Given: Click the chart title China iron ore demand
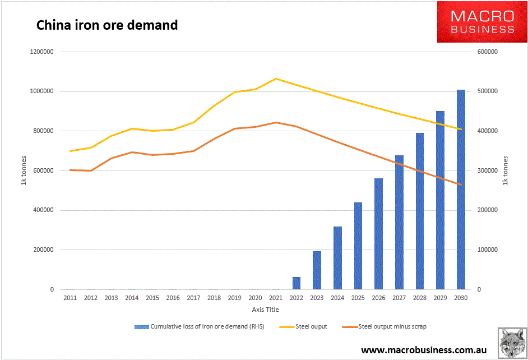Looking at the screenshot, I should (107, 25).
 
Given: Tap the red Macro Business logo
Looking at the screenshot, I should (482, 22).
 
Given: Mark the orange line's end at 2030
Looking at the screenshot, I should (461, 184).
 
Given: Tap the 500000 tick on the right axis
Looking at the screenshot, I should (486, 91).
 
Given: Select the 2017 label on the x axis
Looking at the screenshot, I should (193, 298).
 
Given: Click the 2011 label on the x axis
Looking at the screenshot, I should (70, 298).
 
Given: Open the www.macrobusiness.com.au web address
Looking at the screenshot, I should (424, 350).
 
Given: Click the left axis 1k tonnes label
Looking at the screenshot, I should (24, 170).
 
